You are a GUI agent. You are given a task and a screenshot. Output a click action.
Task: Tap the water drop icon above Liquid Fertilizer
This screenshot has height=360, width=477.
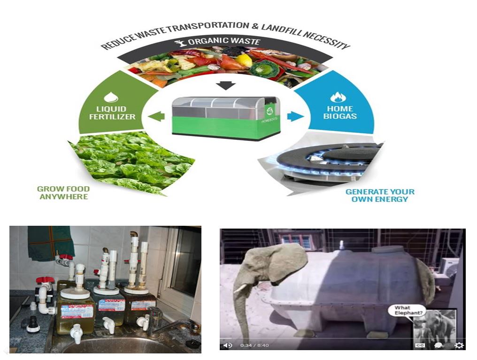[x=111, y=97]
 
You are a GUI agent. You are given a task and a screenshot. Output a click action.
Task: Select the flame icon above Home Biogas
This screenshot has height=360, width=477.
[x=338, y=97]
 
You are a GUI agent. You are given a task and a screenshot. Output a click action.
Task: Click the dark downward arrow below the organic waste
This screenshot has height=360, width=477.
[x=227, y=85]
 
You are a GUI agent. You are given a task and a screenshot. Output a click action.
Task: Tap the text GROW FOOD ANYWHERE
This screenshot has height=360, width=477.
[x=64, y=192]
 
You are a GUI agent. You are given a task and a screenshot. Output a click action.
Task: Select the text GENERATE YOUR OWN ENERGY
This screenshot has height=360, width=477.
[x=380, y=195]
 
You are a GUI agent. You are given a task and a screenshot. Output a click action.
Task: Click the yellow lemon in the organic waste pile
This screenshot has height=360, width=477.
[x=244, y=60]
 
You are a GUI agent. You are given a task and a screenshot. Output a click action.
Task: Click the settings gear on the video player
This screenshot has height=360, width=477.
[x=459, y=345]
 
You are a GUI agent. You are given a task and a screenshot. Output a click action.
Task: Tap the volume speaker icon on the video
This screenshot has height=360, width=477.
[x=228, y=345]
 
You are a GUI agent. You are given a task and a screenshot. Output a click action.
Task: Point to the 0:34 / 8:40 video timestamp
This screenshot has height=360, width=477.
[x=254, y=345]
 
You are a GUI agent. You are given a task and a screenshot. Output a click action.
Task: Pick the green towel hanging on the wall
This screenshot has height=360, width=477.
[x=51, y=242]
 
